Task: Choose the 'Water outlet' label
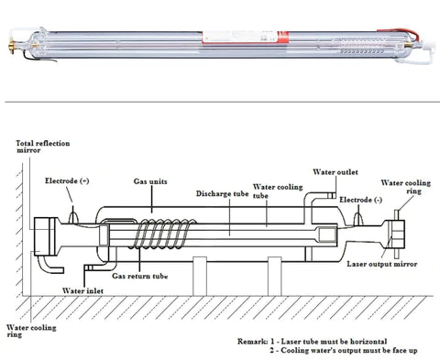pyautogui.click(x=335, y=171)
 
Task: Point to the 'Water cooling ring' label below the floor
pyautogui.click(x=27, y=332)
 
